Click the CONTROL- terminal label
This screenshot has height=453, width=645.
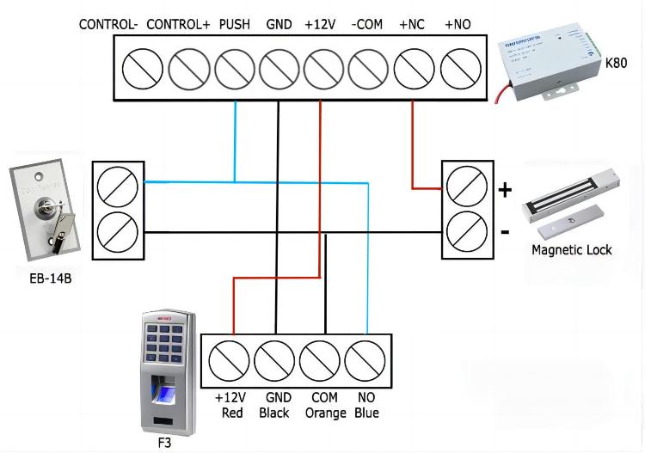[x=108, y=24]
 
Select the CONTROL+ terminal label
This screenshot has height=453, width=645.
[x=178, y=24]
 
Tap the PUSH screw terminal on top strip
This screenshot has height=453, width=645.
[x=234, y=67]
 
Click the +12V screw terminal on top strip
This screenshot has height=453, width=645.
[x=324, y=67]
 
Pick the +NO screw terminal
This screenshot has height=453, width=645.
[x=459, y=67]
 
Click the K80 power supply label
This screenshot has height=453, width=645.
[x=616, y=63]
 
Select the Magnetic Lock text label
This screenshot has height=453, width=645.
[x=571, y=249]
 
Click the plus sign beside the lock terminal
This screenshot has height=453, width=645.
[x=506, y=188]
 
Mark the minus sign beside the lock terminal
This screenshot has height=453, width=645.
[x=506, y=231]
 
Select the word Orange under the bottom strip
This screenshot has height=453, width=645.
[x=325, y=413]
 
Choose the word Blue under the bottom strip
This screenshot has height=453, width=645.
[x=366, y=413]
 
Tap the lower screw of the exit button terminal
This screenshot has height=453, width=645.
[x=118, y=230]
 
